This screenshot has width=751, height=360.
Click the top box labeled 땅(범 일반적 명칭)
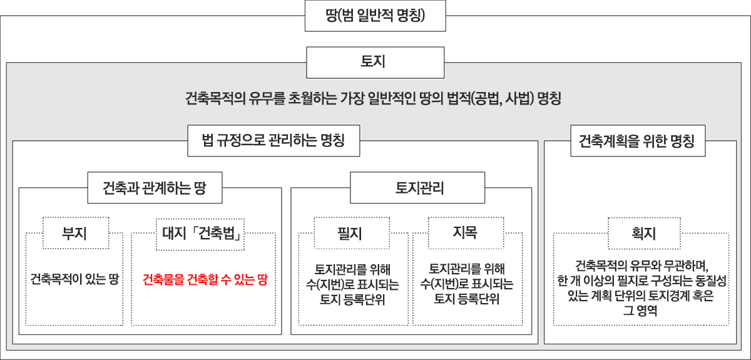click(x=375, y=16)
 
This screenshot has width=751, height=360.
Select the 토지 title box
click(x=375, y=63)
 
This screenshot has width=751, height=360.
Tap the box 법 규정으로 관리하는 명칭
click(x=273, y=141)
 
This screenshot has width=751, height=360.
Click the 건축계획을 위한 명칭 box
click(x=638, y=141)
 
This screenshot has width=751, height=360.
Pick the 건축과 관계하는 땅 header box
click(x=155, y=188)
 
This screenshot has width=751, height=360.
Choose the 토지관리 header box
click(x=417, y=188)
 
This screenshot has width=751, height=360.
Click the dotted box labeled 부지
click(x=76, y=233)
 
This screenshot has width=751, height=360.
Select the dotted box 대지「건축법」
click(x=200, y=234)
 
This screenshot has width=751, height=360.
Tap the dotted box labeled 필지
click(x=352, y=233)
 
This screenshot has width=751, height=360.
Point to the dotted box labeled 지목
click(x=466, y=233)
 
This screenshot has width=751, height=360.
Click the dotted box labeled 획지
click(x=644, y=234)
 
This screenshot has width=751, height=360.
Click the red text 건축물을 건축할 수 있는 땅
click(x=205, y=279)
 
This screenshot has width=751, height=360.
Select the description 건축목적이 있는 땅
click(x=74, y=279)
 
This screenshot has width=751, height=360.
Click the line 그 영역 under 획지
click(x=640, y=311)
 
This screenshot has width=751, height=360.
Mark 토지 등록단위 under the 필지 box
click(x=352, y=299)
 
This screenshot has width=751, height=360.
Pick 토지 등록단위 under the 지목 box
click(x=466, y=299)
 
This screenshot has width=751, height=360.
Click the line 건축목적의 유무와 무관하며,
click(x=641, y=266)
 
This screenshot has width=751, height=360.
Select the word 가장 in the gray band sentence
click(x=352, y=98)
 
